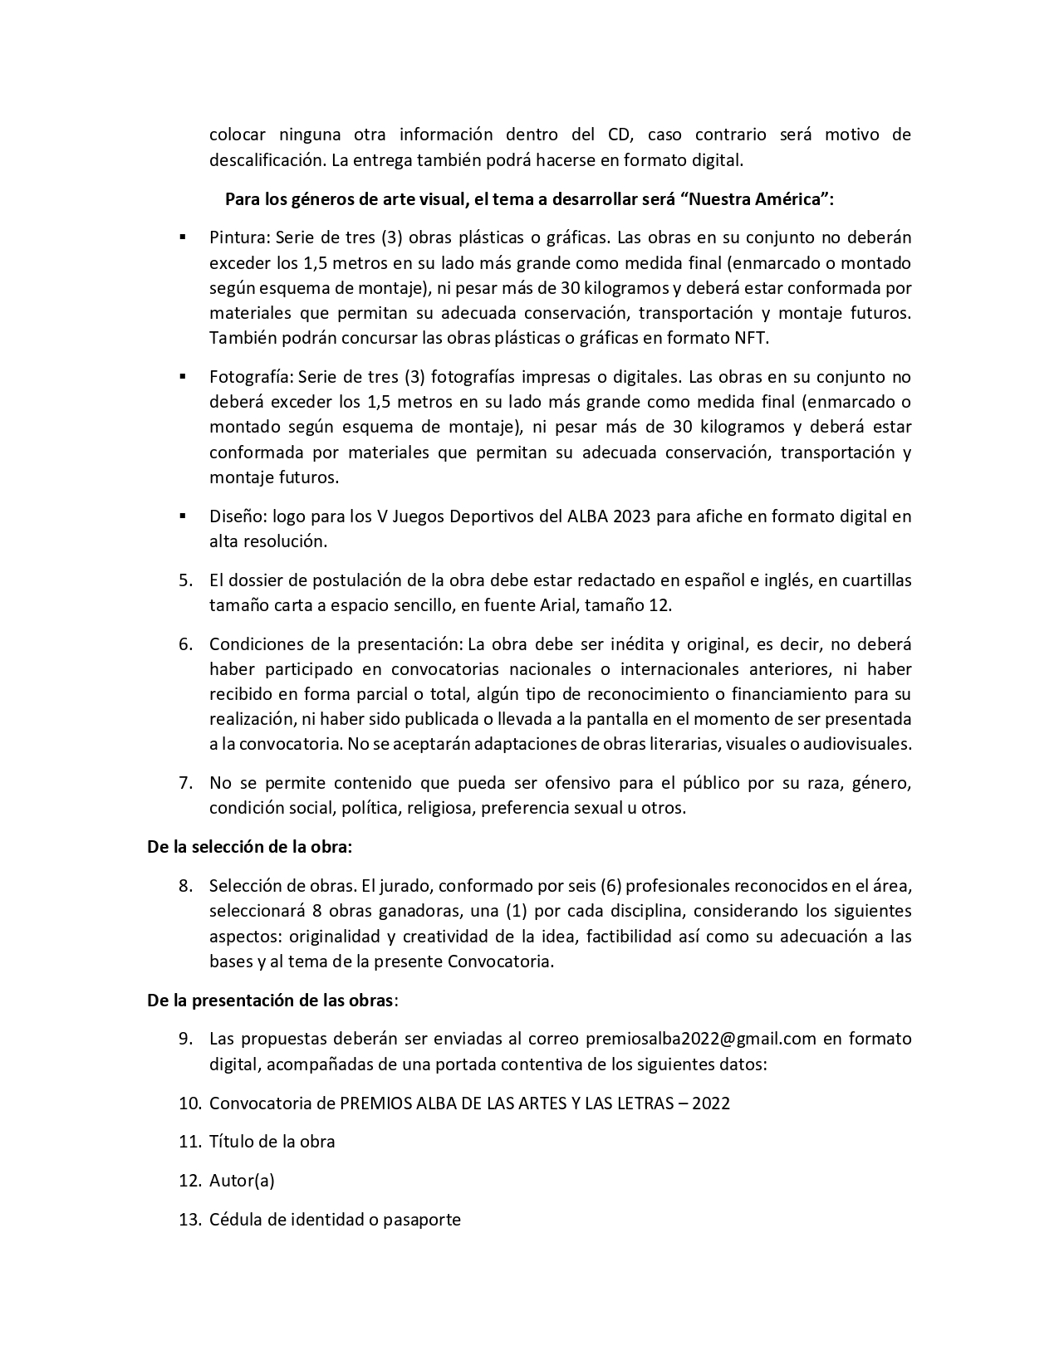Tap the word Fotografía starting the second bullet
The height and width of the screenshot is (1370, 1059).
point(250,377)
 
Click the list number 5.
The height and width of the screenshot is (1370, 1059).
point(184,580)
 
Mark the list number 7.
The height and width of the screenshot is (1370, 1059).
point(184,783)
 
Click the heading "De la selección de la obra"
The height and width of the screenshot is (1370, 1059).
point(250,847)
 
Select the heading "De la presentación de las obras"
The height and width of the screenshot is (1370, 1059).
point(271,1001)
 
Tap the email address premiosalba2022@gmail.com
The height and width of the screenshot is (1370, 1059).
point(702,1039)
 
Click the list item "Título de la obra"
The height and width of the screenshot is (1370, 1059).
point(272,1142)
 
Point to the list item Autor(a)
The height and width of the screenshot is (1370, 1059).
point(242,1181)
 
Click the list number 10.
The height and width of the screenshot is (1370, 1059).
point(189,1103)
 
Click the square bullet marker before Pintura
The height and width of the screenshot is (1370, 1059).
point(182,237)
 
